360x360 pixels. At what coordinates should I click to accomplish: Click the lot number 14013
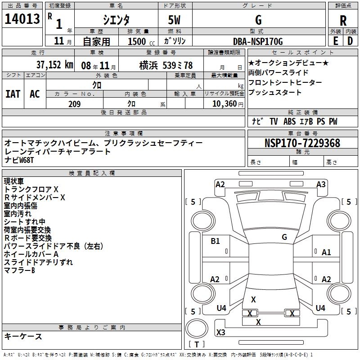pos(21,19)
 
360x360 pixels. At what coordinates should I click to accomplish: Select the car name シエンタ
pos(116,19)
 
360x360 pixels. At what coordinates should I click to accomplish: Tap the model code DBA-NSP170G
pos(258,41)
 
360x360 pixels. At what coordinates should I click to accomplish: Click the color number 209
pos(74,104)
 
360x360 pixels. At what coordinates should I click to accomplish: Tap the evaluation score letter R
pos(343,20)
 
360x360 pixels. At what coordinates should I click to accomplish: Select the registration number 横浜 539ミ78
pos(166,65)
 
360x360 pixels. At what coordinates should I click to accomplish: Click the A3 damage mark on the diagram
pos(321,184)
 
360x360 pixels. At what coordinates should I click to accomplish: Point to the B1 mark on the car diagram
pos(216,241)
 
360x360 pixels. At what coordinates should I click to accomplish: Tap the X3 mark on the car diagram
pos(221,333)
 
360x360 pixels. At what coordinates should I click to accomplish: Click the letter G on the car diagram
pos(284,237)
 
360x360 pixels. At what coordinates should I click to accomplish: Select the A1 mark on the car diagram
pos(326,252)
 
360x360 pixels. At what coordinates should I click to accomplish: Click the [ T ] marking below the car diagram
pos(197,345)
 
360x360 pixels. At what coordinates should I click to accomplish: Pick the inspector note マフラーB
pos(19,270)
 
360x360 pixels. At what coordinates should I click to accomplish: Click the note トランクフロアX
pos(31,189)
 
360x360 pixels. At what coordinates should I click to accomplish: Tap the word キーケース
pos(23,336)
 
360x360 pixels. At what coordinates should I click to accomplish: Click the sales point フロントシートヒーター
pos(285,83)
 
